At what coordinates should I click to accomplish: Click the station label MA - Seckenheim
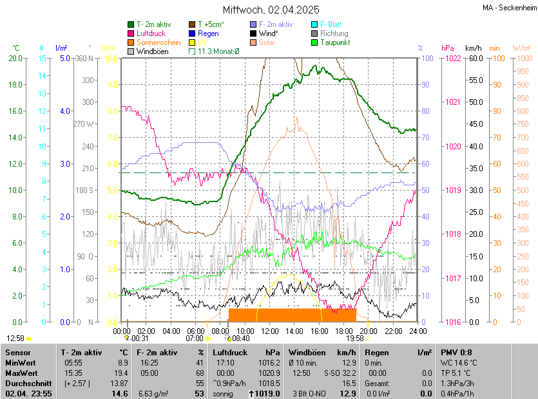[x=509, y=8]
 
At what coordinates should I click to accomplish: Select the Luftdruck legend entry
[x=151, y=33]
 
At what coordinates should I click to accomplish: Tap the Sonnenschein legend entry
[x=159, y=42]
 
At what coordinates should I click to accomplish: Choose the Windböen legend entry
[x=153, y=51]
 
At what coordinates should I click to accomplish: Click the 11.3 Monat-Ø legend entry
[x=218, y=51]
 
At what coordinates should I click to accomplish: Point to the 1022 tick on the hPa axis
[x=452, y=58]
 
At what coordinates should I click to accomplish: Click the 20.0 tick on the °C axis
[x=15, y=58]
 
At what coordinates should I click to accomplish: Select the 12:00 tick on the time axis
[x=270, y=331]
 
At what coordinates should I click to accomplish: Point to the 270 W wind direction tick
[x=84, y=124]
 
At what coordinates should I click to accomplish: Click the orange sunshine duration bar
[x=292, y=315]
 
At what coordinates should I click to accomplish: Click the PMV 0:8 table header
[x=456, y=353]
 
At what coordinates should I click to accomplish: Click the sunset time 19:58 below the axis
[x=355, y=338]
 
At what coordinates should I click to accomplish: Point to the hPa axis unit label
[x=448, y=48]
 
